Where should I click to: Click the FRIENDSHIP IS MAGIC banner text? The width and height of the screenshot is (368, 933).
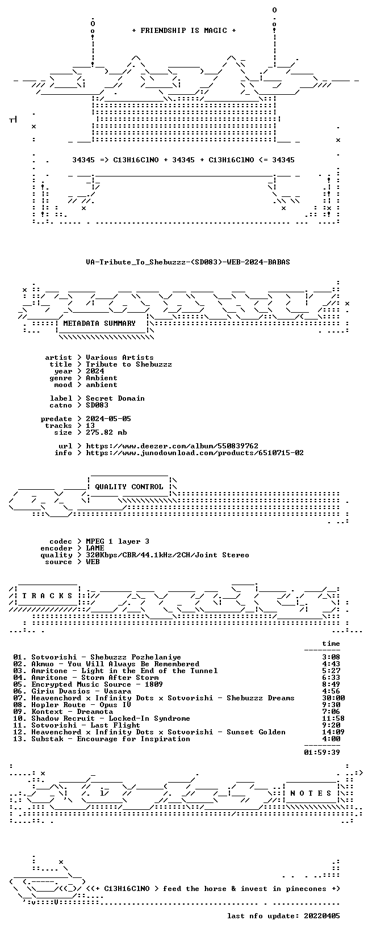click(x=184, y=31)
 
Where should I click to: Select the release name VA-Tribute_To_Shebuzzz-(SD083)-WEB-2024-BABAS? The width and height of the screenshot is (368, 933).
click(x=188, y=262)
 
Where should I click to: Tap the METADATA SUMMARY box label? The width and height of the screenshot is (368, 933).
click(x=99, y=323)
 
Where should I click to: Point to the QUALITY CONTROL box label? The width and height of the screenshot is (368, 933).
click(x=129, y=486)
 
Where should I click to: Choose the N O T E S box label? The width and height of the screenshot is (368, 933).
click(x=311, y=793)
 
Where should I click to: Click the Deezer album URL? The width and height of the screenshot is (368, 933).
click(x=172, y=446)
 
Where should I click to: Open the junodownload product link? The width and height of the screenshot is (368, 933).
click(x=195, y=453)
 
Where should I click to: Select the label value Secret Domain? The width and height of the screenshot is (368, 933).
click(x=115, y=398)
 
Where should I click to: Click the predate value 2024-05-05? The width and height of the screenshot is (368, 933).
click(x=108, y=419)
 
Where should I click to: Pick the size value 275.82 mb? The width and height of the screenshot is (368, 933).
click(x=106, y=432)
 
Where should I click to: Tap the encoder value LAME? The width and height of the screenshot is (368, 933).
click(x=95, y=548)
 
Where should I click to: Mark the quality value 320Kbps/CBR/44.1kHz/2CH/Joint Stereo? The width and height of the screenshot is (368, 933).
click(x=168, y=555)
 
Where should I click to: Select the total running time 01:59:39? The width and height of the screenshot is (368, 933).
click(x=322, y=752)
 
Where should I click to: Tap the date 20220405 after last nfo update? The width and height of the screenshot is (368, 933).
click(x=322, y=915)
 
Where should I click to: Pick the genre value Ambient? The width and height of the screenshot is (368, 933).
click(x=102, y=378)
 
